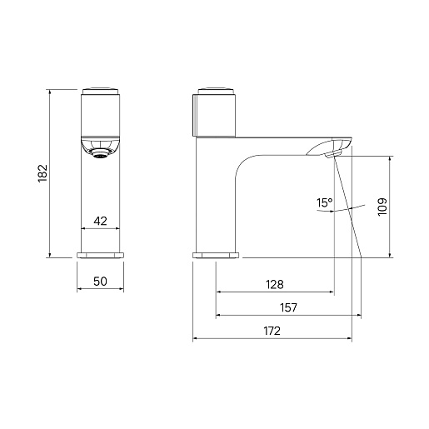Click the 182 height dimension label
click(x=42, y=173)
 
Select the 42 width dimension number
click(x=100, y=221)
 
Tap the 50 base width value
click(x=100, y=282)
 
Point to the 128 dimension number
click(x=275, y=285)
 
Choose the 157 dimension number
click(x=288, y=307)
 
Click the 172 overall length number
click(x=272, y=331)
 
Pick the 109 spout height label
click(x=382, y=207)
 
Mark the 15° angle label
click(x=324, y=203)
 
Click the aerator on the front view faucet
click(x=100, y=153)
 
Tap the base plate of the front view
click(x=100, y=255)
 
